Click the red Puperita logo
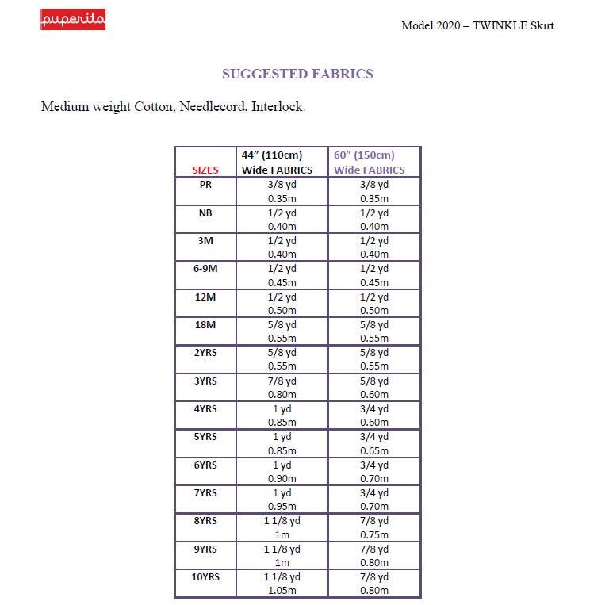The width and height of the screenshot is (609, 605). tap(72, 19)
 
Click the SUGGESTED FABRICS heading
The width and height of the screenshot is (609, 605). tap(297, 74)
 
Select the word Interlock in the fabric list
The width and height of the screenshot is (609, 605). tap(278, 106)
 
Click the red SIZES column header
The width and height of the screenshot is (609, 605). tap(205, 170)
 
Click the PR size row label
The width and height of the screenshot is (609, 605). tap(205, 184)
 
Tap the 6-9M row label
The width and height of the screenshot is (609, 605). tap(205, 268)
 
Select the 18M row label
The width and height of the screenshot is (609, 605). tap(205, 324)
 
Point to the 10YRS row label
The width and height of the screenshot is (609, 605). tap(205, 576)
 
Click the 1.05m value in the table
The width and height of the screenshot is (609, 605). tap(282, 590)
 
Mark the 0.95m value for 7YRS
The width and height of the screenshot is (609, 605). tap(282, 506)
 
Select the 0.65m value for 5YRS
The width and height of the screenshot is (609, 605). tap(373, 450)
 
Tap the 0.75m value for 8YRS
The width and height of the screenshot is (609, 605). tap(373, 534)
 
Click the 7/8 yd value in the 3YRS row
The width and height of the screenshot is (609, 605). tap(282, 381)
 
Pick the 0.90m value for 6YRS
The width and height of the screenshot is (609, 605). tap(282, 478)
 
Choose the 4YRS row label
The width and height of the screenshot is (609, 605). tap(205, 408)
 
